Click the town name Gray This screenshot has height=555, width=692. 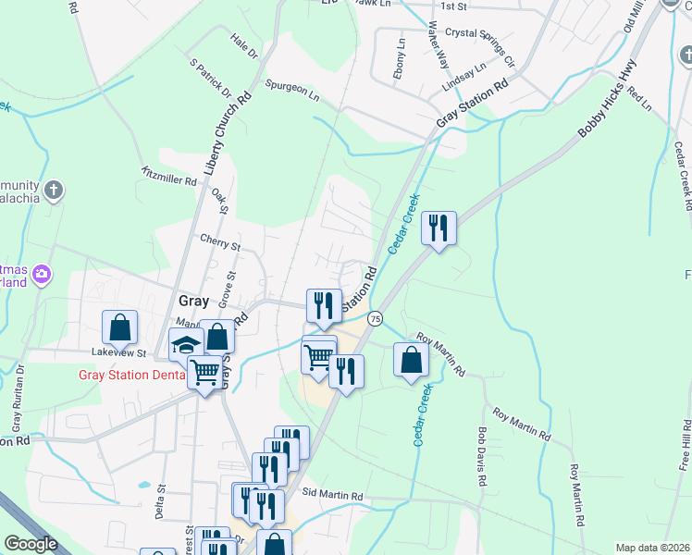[192, 301]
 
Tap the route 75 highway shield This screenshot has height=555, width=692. [375, 318]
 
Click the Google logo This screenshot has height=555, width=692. [31, 544]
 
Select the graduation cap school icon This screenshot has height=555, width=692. [185, 346]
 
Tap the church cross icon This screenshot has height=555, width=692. [55, 191]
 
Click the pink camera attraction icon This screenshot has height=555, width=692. [41, 274]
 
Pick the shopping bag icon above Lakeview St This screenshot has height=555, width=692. [120, 327]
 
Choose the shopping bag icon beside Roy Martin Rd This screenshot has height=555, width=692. [411, 360]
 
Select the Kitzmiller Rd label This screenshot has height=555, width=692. [169, 176]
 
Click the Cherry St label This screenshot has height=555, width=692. [220, 242]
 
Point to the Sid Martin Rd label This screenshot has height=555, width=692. [331, 496]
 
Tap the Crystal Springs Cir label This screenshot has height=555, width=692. [479, 46]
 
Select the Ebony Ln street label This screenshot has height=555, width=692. [400, 58]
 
